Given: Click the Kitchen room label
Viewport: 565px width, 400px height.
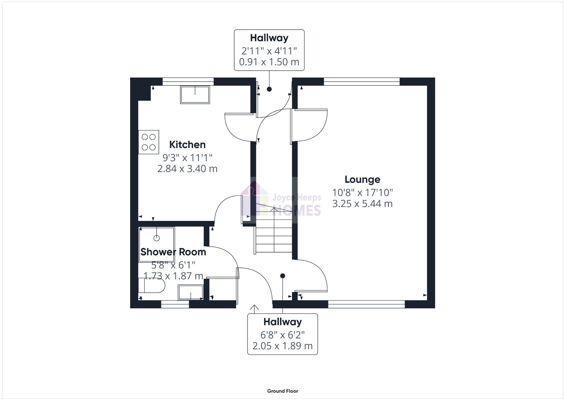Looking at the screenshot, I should coord(187,145).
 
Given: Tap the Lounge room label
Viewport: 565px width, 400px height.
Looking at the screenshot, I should coord(362,179).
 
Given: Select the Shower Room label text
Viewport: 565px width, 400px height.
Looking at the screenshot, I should coord(173,252).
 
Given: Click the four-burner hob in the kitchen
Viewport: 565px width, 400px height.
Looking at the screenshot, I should coord(149,142).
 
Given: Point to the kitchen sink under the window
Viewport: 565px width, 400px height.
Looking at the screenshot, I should coord(195,95).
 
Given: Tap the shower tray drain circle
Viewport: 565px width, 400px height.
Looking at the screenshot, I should coord(157,238).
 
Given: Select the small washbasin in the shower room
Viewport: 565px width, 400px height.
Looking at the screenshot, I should coord(191,292).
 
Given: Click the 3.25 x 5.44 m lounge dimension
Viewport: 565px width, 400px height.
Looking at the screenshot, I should coord(362,204).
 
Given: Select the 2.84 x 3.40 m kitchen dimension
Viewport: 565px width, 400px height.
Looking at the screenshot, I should coord(187,169).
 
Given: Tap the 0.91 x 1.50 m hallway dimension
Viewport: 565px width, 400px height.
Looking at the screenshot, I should coord(269,62).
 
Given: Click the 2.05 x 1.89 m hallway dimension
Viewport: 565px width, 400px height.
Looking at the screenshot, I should coord(282,346).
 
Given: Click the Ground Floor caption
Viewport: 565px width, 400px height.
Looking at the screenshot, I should coord(282,391).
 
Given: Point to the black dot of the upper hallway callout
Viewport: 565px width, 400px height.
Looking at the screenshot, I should coord(269,89).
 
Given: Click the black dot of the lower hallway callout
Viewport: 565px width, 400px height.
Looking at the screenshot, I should coord(282,276).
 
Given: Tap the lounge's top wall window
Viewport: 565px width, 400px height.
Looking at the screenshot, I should coord(362,81).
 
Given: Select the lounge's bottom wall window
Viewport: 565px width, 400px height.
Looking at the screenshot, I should coord(366,304).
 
